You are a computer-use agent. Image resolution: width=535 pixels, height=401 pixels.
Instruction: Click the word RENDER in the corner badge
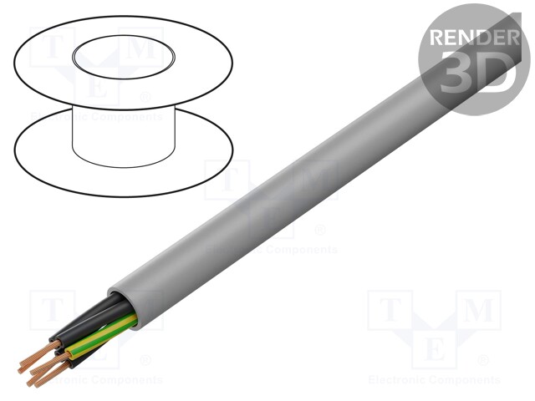point(471,37)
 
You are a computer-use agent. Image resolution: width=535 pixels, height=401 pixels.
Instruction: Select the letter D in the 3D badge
point(494,74)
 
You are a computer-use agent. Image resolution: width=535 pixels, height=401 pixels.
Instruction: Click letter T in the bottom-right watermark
point(389,312)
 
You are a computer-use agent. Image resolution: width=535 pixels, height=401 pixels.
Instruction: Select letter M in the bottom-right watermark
point(477,312)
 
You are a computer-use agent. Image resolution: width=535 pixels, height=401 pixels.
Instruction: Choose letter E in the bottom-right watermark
point(434,348)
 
